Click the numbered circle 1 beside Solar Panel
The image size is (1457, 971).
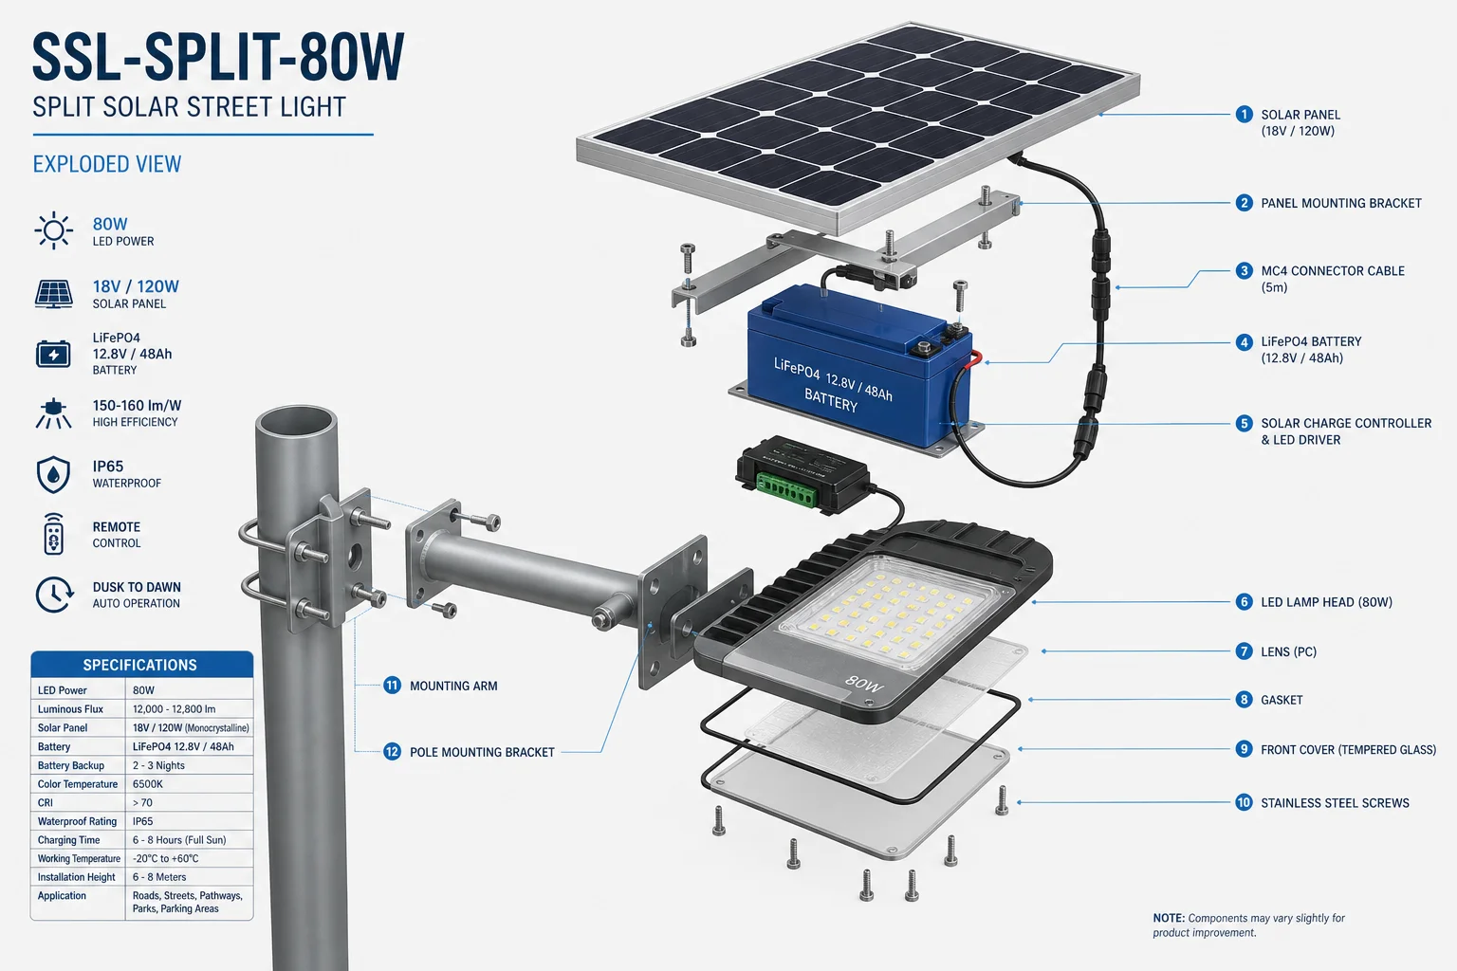point(1244,115)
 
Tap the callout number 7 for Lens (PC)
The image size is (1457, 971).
point(1244,651)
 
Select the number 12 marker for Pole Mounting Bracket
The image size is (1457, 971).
point(392,752)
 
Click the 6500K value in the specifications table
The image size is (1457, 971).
point(148,783)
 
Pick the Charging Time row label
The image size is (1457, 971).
point(68,839)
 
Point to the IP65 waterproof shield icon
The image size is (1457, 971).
point(53,474)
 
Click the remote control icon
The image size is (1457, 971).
point(53,534)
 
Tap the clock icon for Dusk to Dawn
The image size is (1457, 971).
point(54,595)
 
